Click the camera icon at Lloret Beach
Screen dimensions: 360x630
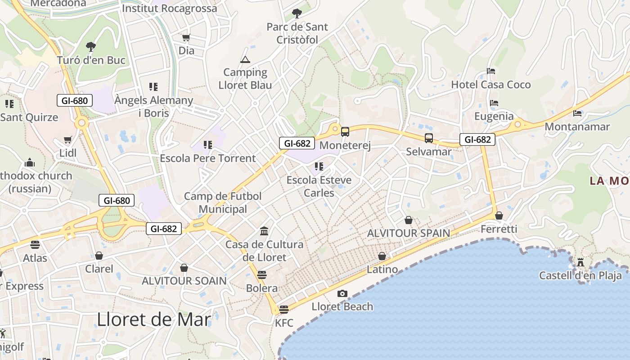pos(342,294)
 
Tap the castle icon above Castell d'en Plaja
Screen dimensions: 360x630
pos(580,262)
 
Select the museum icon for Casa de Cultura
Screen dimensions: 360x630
pos(264,231)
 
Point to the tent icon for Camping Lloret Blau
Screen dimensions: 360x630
pos(245,59)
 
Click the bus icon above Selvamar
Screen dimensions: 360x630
pos(429,138)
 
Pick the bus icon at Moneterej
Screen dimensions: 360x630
pos(345,132)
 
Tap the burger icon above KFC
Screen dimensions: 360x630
pos(283,310)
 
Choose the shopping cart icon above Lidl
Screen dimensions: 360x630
pos(68,140)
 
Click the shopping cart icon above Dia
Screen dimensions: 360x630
pos(186,38)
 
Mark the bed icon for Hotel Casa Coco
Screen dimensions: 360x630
pos(491,71)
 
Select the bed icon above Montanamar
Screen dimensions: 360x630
pos(577,113)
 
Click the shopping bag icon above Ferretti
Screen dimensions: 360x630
pos(499,216)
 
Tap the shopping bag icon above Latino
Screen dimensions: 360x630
pos(382,256)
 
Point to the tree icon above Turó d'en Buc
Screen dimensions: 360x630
pos(91,46)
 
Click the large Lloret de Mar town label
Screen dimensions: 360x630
pos(154,319)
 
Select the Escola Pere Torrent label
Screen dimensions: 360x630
pos(208,158)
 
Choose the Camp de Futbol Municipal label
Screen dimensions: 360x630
pos(223,202)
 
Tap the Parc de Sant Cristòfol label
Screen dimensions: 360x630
pos(297,33)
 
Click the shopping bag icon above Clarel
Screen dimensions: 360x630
pos(99,256)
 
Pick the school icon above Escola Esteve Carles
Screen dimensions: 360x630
pos(319,167)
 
